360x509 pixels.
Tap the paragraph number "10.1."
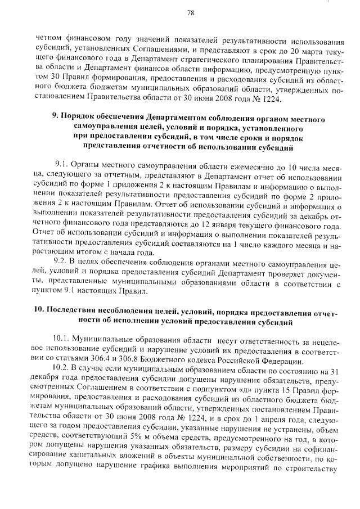62,340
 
